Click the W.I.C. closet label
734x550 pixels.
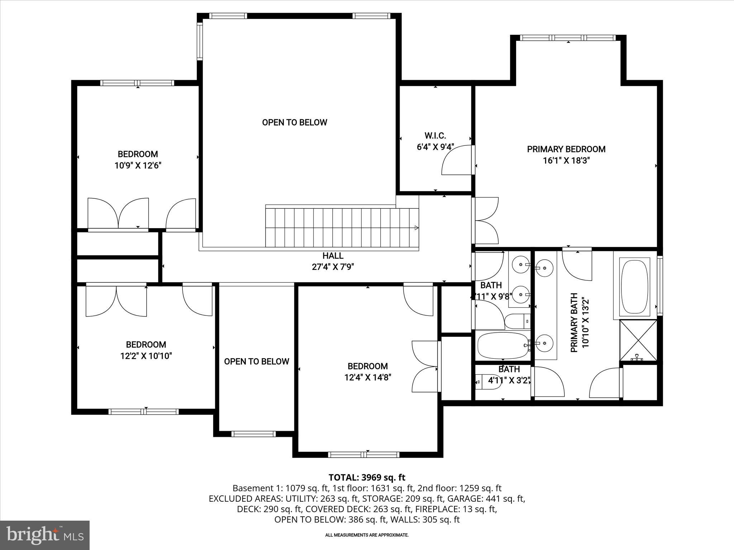tap(435, 136)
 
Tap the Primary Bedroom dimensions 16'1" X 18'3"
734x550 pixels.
tap(566, 160)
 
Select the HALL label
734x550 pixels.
tap(333, 256)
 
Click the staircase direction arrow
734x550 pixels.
tap(416, 228)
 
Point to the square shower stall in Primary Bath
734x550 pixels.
tap(638, 341)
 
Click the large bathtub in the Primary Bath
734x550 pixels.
tap(635, 287)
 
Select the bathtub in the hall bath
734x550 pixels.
tap(502, 345)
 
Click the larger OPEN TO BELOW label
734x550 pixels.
tap(295, 122)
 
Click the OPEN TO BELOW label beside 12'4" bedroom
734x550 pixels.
tap(257, 362)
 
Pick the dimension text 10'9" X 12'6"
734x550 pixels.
tap(138, 165)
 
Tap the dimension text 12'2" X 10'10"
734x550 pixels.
tap(146, 356)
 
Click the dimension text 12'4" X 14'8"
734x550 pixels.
tap(368, 377)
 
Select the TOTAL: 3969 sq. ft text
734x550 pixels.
tap(367, 477)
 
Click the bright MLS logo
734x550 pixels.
tap(45, 535)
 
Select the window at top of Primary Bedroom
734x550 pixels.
tap(568, 38)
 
